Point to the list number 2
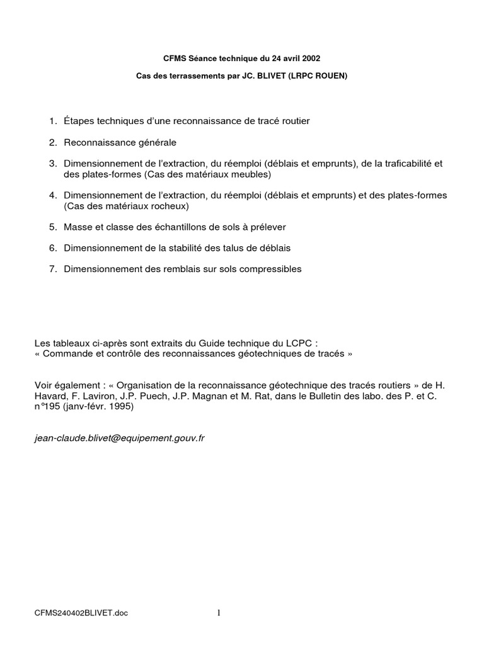tap(53, 142)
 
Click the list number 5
tap(53, 227)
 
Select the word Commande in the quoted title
tap(70, 354)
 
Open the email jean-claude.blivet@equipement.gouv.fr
tap(120, 438)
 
